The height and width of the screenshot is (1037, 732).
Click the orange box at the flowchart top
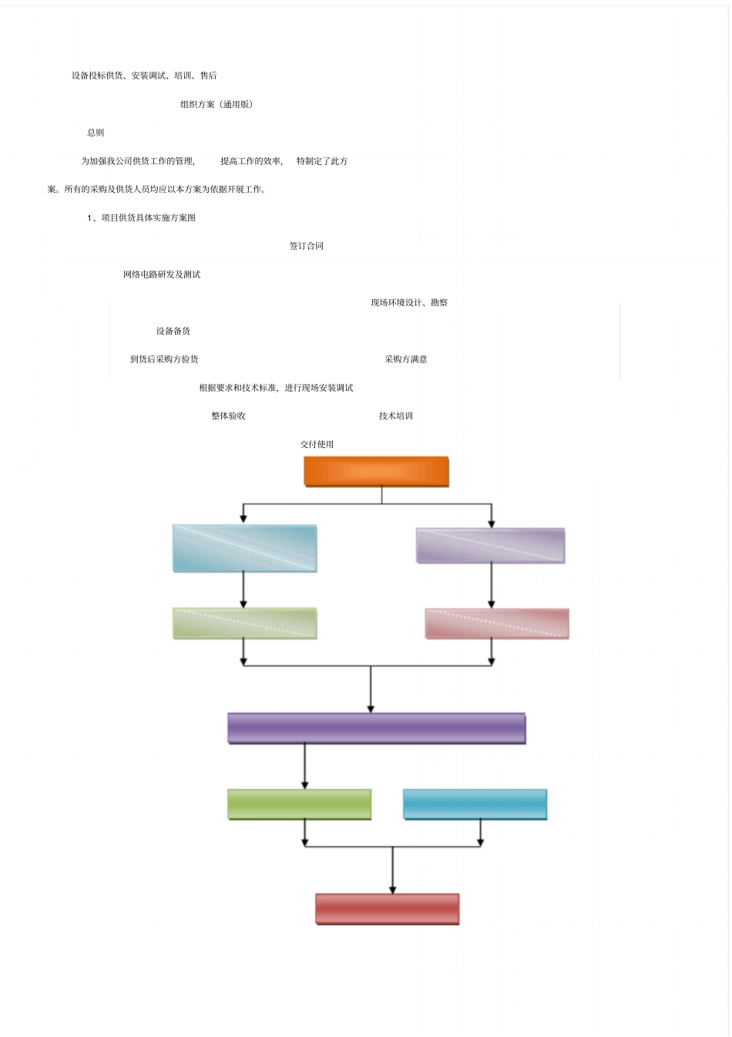coord(376,471)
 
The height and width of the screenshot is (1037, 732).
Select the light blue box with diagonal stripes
coord(244,548)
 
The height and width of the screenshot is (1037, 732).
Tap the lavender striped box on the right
coord(490,546)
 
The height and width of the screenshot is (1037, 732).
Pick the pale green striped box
coord(244,623)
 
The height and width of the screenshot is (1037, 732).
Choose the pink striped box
coord(497,624)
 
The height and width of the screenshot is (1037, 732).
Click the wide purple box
coord(376,728)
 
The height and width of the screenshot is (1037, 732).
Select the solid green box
coord(299,804)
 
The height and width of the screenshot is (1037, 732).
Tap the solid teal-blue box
coord(475,804)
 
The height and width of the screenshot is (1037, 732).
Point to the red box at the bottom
coord(387,908)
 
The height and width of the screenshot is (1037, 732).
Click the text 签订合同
coord(307,246)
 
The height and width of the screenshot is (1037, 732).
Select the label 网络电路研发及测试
coord(162,274)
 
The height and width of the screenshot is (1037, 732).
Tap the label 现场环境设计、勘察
coord(409,303)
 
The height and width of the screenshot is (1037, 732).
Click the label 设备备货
coord(173,332)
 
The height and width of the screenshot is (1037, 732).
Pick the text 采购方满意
coord(406,359)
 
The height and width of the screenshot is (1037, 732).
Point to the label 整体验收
coord(229,416)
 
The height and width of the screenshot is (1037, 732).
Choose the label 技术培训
coord(396,416)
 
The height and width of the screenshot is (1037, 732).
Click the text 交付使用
coord(317,445)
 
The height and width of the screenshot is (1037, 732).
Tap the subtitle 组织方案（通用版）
coord(217,105)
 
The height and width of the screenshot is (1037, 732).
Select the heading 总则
coord(96,133)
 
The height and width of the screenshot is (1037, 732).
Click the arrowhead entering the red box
coord(392,890)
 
